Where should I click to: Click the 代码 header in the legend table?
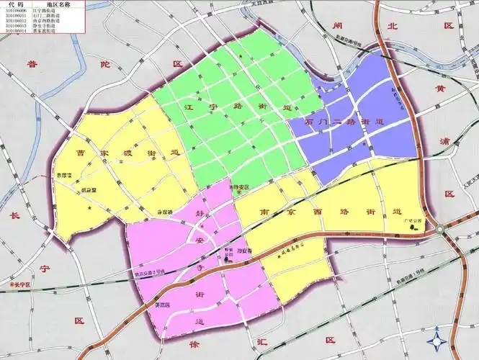click(x=16, y=4)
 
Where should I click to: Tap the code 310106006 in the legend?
click(x=15, y=11)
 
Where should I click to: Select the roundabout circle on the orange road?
click(x=440, y=230)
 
